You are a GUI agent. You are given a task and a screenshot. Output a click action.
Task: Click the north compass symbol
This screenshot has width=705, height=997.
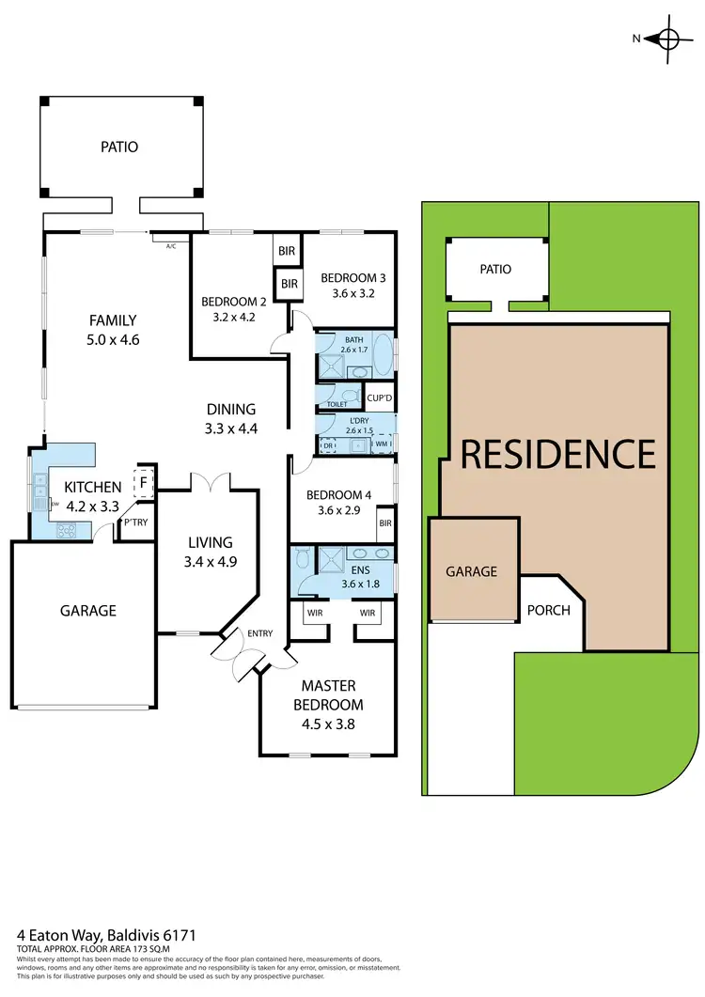[668, 39]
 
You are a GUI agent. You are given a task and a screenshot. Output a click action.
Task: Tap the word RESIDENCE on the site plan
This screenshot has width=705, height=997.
[557, 454]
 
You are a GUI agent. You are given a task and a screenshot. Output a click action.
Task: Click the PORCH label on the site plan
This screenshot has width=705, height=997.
[549, 610]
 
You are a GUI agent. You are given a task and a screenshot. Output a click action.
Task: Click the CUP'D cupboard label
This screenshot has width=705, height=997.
[379, 397]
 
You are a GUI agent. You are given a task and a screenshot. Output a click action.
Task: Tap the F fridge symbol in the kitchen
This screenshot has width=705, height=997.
[143, 482]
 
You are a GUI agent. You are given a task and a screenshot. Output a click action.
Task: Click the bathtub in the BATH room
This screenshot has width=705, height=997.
[382, 357]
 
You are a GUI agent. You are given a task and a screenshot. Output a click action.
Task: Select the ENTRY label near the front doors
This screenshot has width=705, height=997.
[259, 633]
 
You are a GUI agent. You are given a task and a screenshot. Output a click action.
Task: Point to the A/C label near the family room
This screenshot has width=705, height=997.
[171, 246]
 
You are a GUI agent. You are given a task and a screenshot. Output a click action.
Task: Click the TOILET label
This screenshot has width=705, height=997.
[337, 404]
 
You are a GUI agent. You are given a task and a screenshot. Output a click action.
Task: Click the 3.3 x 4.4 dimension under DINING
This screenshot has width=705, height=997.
[231, 428]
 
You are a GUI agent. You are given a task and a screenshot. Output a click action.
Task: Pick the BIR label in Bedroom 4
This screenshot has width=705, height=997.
[384, 522]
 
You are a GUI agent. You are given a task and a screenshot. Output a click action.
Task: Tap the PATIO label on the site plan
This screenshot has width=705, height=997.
[495, 269]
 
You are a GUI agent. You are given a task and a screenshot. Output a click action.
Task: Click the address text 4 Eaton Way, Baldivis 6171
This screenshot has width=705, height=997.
[108, 936]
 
